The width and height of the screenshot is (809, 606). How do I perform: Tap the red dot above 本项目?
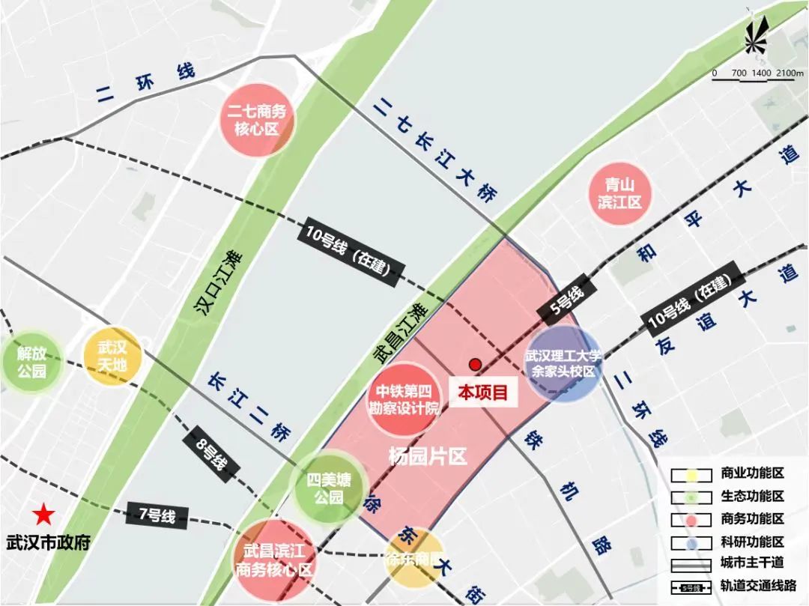coord(475,365)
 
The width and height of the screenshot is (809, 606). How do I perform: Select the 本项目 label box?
coord(483,392)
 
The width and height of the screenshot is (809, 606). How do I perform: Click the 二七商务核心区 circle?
coord(256,120)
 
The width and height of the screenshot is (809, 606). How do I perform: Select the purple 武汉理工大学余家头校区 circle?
coord(563,363)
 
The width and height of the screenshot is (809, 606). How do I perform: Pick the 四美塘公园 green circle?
coord(328,488)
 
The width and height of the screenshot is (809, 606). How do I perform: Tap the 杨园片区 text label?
coord(428,456)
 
